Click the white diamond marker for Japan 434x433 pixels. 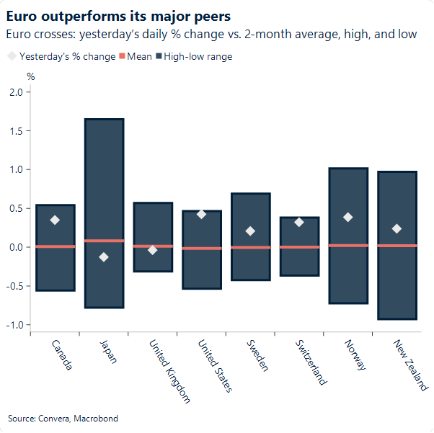(x=104, y=257)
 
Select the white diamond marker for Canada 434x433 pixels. (x=55, y=220)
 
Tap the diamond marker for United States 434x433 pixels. (x=201, y=214)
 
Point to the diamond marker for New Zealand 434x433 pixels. (x=397, y=228)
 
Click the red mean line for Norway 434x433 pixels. (x=348, y=246)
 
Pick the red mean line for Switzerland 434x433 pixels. (x=299, y=247)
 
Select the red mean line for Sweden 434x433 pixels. (x=250, y=247)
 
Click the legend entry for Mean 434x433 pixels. (x=135, y=56)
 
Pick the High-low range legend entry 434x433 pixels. (x=192, y=56)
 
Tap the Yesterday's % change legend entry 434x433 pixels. (x=61, y=56)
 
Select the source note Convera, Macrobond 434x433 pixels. (x=63, y=418)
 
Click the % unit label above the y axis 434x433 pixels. (x=31, y=76)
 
